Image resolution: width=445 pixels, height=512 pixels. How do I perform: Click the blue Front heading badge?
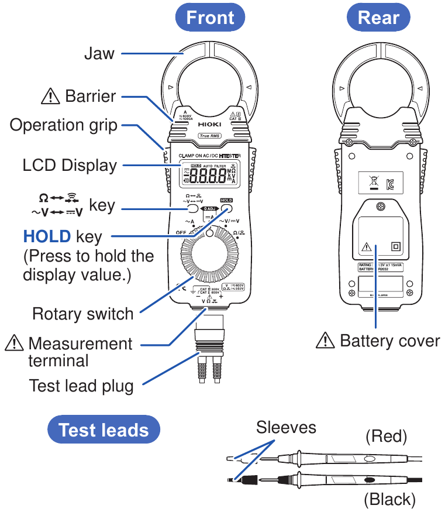coord(210,18)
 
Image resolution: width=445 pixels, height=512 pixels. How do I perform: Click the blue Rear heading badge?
coord(378,18)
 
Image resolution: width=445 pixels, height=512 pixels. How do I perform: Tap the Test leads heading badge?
coord(104,430)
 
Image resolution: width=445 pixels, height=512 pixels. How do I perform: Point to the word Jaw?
coord(99,54)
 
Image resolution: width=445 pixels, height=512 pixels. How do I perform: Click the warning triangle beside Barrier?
coord(50,96)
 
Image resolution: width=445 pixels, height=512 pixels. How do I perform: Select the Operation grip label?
coord(64,125)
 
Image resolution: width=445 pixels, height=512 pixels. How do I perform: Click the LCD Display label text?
coord(70,165)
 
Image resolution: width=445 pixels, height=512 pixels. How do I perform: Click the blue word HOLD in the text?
coord(47,237)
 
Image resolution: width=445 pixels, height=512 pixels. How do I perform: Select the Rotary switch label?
coord(82,314)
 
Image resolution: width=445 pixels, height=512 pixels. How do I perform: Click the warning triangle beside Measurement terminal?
coord(13,343)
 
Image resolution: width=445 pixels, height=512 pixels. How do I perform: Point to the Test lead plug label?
coord(81,386)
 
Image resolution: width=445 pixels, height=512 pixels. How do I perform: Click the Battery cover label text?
coord(389,341)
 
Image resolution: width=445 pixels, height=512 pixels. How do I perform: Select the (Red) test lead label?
coord(386,436)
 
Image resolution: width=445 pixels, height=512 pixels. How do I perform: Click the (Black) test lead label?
coord(389,499)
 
